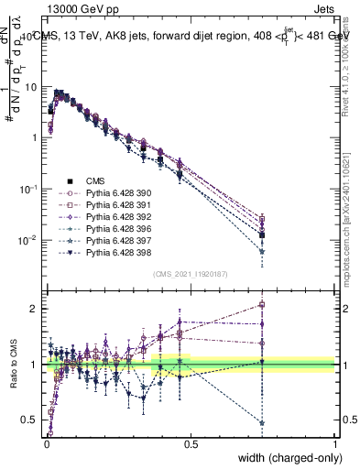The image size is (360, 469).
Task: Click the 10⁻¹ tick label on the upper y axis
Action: [29, 189]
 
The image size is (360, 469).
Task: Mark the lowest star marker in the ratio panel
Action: [262, 423]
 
